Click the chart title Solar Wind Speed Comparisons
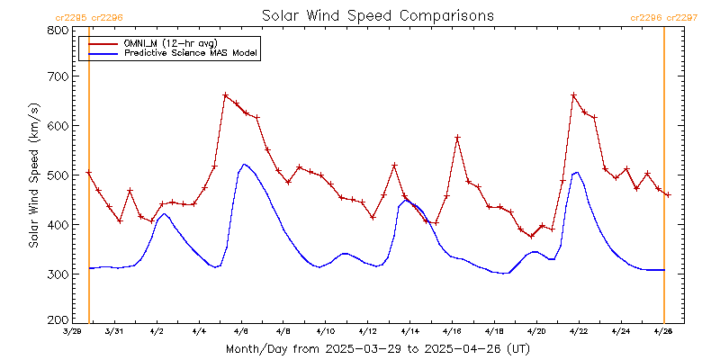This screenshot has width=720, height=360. [377, 16]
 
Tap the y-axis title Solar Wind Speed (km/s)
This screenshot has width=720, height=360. [33, 175]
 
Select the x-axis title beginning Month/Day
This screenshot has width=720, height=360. [377, 348]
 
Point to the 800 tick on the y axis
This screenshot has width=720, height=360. [58, 30]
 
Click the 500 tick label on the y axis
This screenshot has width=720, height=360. [58, 175]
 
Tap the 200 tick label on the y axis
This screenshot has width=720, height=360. [58, 320]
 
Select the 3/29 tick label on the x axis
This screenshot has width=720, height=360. [72, 331]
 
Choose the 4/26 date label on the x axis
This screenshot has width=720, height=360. [663, 331]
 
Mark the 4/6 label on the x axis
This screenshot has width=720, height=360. [241, 331]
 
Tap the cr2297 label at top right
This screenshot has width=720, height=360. [681, 17]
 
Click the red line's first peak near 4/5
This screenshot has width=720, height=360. [225, 95]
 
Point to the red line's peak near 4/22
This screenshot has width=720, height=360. [573, 95]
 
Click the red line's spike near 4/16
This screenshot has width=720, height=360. [457, 137]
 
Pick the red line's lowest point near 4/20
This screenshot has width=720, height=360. [531, 236]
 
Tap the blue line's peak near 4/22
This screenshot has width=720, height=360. [576, 172]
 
